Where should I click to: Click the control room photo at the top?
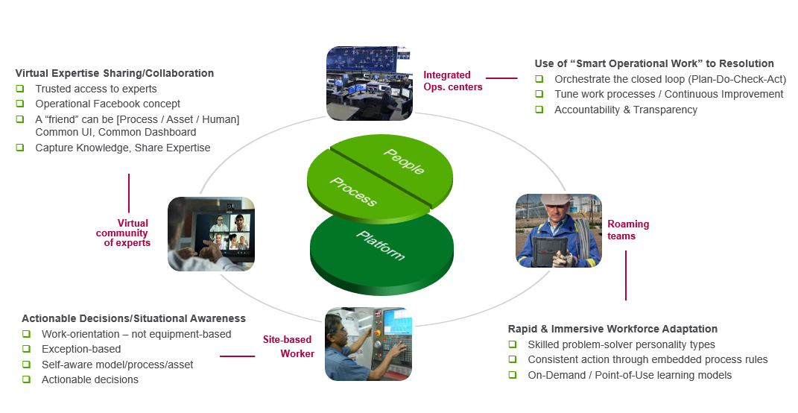click(x=370, y=83)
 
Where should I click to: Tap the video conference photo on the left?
click(x=211, y=233)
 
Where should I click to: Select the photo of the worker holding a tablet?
click(x=558, y=230)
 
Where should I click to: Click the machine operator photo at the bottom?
click(x=368, y=343)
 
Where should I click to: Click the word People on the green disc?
click(x=404, y=162)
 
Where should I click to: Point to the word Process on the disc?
click(x=352, y=192)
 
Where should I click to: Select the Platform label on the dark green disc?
click(x=380, y=245)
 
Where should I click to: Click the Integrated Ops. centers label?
click(x=447, y=81)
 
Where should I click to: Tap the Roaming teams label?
click(x=627, y=230)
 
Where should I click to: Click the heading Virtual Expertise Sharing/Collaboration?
click(x=115, y=73)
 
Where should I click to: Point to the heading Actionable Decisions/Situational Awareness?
click(x=133, y=318)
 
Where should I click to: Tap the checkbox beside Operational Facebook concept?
click(x=20, y=104)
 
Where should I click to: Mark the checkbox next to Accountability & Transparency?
click(x=539, y=110)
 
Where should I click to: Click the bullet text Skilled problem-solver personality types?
click(x=621, y=344)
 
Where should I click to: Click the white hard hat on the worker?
click(x=556, y=201)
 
